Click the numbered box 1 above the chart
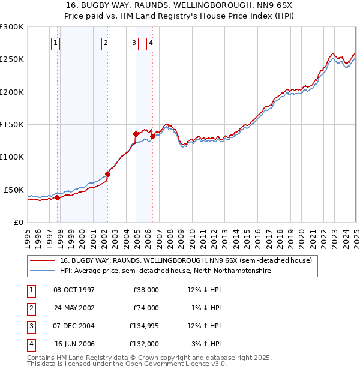55,43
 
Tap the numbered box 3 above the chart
133,43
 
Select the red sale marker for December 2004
136,134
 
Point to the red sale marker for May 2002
108,174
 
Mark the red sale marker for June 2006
153,136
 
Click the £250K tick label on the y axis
11,59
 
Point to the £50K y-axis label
14,190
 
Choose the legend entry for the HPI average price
165,271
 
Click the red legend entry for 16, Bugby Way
185,261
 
